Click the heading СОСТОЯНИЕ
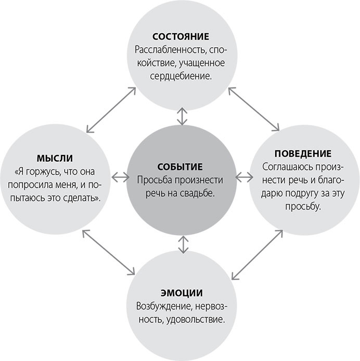180,37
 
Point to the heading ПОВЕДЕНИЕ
303,154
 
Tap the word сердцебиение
180,76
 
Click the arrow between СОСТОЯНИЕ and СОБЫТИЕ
181,116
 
